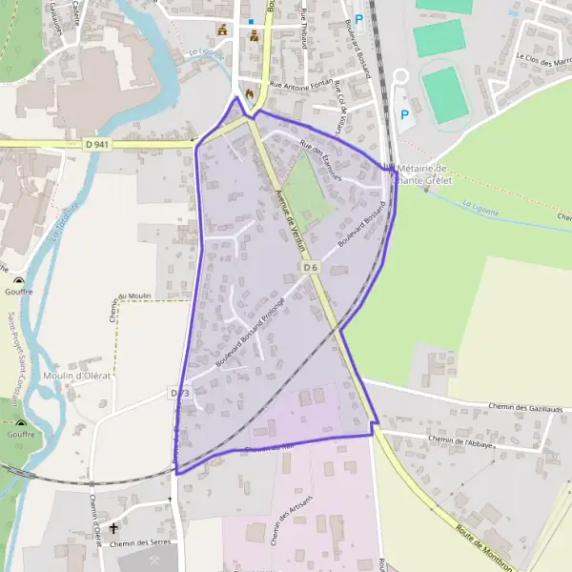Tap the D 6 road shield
pyautogui.click(x=310, y=268)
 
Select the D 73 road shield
pyautogui.click(x=181, y=393)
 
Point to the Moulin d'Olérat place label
pyautogui.click(x=77, y=376)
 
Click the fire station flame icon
pyautogui.click(x=251, y=93)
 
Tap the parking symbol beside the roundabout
pyautogui.click(x=404, y=114)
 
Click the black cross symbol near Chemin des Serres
pyautogui.click(x=113, y=527)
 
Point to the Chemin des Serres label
pyautogui.click(x=137, y=544)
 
